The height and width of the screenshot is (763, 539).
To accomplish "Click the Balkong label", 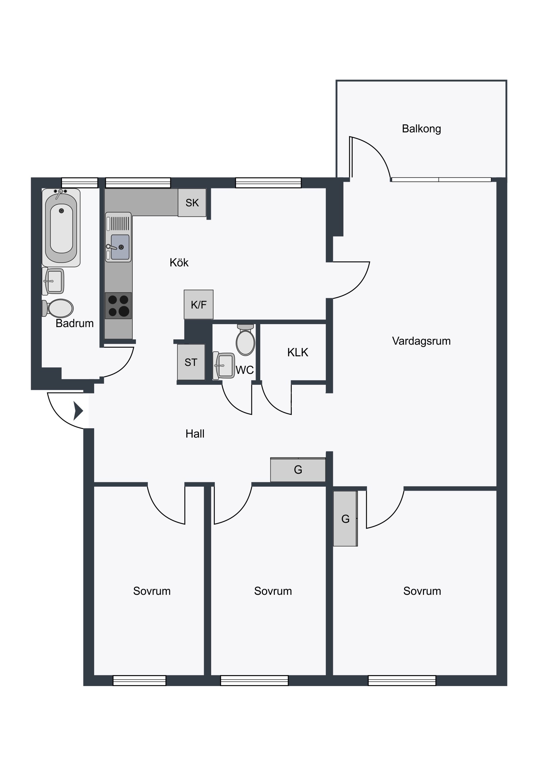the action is pyautogui.click(x=421, y=129).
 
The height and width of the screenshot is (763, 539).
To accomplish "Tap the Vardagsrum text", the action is pyautogui.click(x=421, y=341).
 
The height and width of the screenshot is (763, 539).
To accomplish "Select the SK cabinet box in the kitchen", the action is pyautogui.click(x=192, y=202).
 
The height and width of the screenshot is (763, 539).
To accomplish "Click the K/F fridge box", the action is pyautogui.click(x=199, y=305).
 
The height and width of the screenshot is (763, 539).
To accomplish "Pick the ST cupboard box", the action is pyautogui.click(x=191, y=362).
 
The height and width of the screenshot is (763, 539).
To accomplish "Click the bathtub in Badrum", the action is pyautogui.click(x=61, y=228).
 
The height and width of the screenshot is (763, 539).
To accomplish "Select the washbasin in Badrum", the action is pyautogui.click(x=53, y=281).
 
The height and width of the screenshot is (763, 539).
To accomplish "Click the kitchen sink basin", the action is pyautogui.click(x=120, y=247).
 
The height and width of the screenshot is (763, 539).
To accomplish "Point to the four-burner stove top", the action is pyautogui.click(x=118, y=306).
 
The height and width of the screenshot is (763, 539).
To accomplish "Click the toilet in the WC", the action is pyautogui.click(x=245, y=340).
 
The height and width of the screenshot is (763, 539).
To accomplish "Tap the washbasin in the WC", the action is pyautogui.click(x=224, y=366).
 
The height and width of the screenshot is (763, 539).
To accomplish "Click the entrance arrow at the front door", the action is pyautogui.click(x=78, y=411).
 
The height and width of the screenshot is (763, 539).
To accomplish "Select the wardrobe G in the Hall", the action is pyautogui.click(x=298, y=469).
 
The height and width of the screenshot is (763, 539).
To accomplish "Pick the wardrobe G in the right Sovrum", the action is pyautogui.click(x=345, y=519).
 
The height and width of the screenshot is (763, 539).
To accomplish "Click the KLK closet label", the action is pyautogui.click(x=298, y=352).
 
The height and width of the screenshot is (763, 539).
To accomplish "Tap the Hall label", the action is pyautogui.click(x=195, y=434).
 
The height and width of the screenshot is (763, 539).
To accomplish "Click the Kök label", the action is pyautogui.click(x=179, y=262).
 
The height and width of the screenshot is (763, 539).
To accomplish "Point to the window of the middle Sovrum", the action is pyautogui.click(x=254, y=681).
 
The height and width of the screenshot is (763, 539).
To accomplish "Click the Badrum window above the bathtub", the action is pyautogui.click(x=80, y=183).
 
